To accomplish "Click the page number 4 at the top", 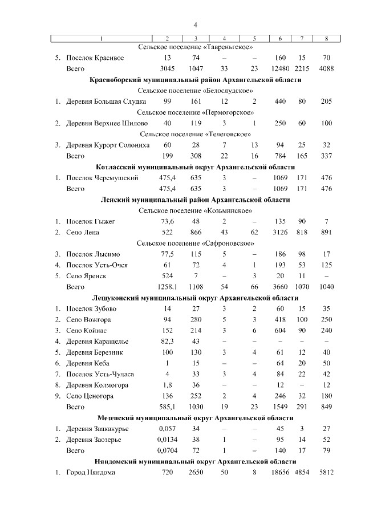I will [196, 25].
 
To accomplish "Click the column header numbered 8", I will [326, 38].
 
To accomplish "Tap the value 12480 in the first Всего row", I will [280, 68].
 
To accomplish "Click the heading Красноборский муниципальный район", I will [196, 80].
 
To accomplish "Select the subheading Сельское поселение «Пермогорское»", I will [196, 112].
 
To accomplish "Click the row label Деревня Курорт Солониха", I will [107, 145].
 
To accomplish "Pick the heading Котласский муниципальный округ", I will [196, 167].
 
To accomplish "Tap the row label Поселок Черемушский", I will [102, 178].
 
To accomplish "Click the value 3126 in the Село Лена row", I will [280, 232].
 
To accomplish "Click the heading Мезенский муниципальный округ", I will [196, 418].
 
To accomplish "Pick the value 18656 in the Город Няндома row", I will [280, 472].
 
